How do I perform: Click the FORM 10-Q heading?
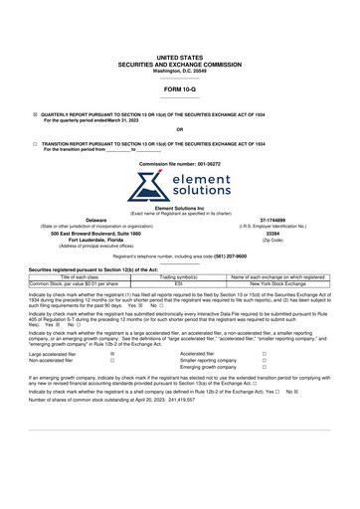[x=179, y=89]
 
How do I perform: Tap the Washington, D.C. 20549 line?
[x=179, y=71]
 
